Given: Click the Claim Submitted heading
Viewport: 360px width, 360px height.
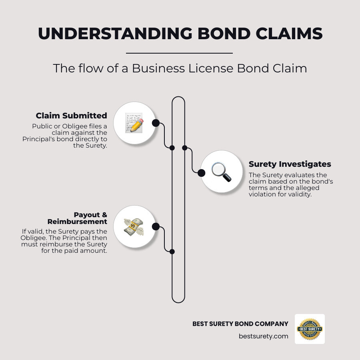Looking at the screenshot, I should (x=71, y=116).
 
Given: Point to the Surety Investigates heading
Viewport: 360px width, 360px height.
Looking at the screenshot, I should (x=290, y=164).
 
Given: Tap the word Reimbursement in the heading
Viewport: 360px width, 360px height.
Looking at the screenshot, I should (x=77, y=222).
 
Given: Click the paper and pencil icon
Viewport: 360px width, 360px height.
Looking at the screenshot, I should (x=134, y=122).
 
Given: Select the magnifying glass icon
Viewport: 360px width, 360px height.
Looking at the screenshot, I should (x=221, y=172).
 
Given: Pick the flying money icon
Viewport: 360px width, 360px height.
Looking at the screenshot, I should (x=134, y=226).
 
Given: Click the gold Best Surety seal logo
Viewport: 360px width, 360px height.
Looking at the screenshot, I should (x=310, y=329).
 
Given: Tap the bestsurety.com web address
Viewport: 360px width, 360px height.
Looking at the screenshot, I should (x=263, y=336).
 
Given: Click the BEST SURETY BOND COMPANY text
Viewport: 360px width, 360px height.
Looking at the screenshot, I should (x=240, y=324).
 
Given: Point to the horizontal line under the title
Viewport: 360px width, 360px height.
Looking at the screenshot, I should (x=179, y=53).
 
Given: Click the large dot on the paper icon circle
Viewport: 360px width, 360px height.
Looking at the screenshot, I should (x=156, y=123).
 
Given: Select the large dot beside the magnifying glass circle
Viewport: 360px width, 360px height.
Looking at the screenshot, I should (x=202, y=172).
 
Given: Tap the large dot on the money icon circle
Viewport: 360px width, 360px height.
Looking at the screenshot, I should (x=156, y=227).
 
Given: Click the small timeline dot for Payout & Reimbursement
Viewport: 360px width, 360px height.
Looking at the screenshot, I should (x=172, y=252).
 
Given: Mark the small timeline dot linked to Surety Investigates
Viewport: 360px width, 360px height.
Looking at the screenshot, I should (x=185, y=148).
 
